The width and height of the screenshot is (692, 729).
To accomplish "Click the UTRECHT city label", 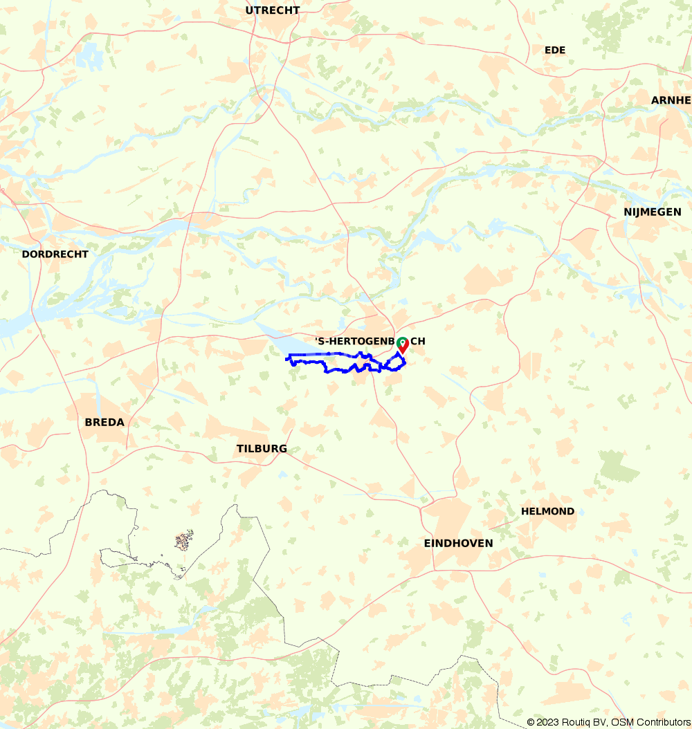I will click(273, 10).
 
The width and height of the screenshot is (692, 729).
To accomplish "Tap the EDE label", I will click(555, 50).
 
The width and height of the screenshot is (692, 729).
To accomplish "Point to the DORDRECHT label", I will click(55, 254).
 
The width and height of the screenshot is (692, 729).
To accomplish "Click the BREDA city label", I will click(104, 422).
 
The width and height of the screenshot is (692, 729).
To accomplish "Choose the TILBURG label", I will click(262, 448).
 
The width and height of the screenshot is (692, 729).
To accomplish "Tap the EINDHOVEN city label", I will click(458, 543).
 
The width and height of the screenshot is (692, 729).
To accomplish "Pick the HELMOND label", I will click(547, 511).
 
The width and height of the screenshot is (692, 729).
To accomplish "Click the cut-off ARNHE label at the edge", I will click(671, 100).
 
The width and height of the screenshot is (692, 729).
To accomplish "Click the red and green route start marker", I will click(403, 345).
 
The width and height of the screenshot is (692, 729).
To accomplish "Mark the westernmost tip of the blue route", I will click(287, 358).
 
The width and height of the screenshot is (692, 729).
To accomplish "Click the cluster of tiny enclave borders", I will click(183, 540).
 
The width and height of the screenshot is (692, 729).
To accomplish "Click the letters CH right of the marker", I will click(418, 342).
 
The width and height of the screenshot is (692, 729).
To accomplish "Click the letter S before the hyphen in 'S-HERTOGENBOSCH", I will click(321, 342).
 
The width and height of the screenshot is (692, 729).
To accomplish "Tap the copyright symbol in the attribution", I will click(531, 722).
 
